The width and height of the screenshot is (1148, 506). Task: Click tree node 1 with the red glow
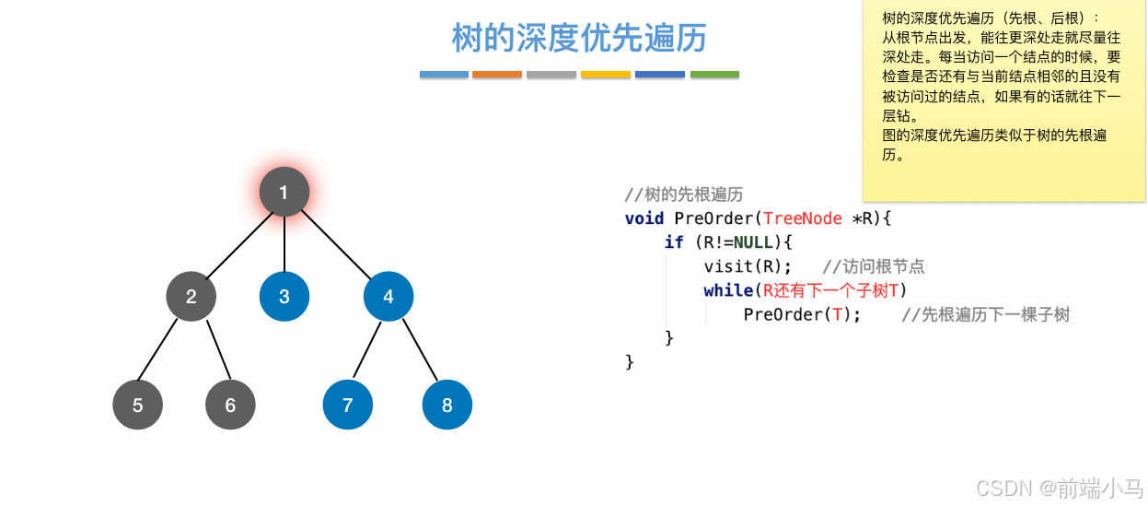(x=284, y=192)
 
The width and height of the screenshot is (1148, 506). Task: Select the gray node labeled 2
(x=191, y=296)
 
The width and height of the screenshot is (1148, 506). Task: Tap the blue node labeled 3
(x=284, y=296)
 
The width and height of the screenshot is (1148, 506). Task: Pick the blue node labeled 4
(x=388, y=296)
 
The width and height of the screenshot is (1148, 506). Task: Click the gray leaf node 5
(x=137, y=405)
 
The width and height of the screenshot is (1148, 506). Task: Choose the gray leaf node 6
(x=230, y=405)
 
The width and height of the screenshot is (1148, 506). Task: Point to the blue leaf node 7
(x=348, y=405)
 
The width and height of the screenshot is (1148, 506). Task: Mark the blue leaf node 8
(x=447, y=405)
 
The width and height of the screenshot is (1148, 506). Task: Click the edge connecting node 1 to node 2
(x=238, y=244)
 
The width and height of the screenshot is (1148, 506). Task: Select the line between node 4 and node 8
(x=418, y=351)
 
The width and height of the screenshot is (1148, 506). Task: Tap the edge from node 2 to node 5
(x=158, y=350)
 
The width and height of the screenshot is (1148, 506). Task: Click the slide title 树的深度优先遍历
(x=579, y=38)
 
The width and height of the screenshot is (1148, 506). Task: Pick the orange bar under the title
(x=497, y=75)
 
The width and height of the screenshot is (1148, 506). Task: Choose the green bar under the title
(x=714, y=75)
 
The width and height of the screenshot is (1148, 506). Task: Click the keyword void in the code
(x=644, y=218)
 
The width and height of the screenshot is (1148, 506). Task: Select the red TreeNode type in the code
(x=803, y=218)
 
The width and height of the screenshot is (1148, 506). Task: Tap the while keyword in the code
(x=728, y=290)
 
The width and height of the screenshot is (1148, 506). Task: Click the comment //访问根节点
(x=873, y=266)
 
